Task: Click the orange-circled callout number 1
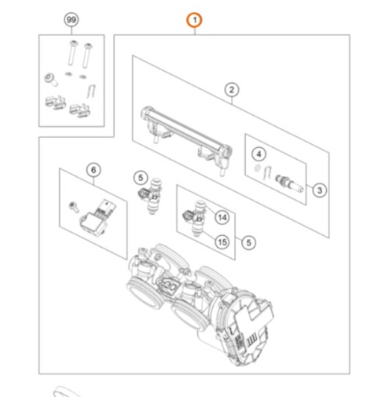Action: [194, 20]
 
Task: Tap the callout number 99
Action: [71, 20]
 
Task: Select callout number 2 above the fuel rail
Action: [232, 90]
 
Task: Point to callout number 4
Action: [259, 154]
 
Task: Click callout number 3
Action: [320, 190]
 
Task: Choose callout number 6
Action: [94, 170]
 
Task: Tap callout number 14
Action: [222, 218]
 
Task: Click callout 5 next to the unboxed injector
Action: [141, 178]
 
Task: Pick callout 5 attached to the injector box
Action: [249, 242]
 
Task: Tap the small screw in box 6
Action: [74, 207]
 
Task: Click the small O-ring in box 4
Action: [257, 168]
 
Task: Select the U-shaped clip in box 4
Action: [267, 173]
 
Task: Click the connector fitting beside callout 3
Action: [289, 183]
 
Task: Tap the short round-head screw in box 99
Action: [51, 80]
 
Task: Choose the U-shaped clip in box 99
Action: [91, 91]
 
